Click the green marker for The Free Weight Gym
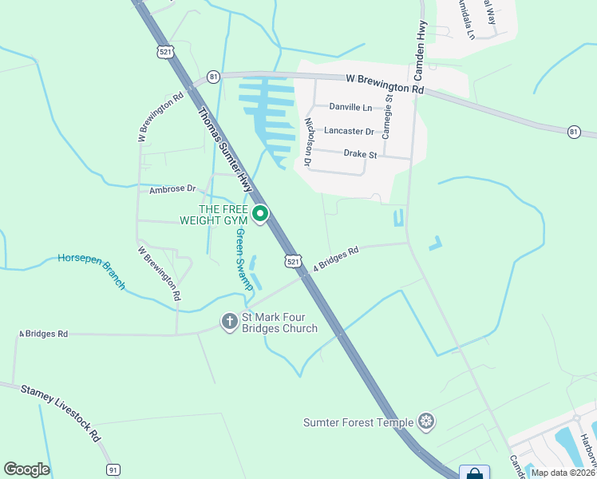click(260, 213)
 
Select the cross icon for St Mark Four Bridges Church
click(229, 321)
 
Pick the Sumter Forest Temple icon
click(427, 422)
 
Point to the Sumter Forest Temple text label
click(358, 422)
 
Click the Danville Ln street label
click(351, 107)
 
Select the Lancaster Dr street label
click(349, 130)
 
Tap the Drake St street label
click(358, 152)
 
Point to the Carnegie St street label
click(388, 117)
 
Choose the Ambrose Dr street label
click(172, 189)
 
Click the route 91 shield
click(113, 470)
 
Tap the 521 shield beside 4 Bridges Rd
click(293, 261)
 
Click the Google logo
click(26, 469)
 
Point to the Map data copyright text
click(563, 473)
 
